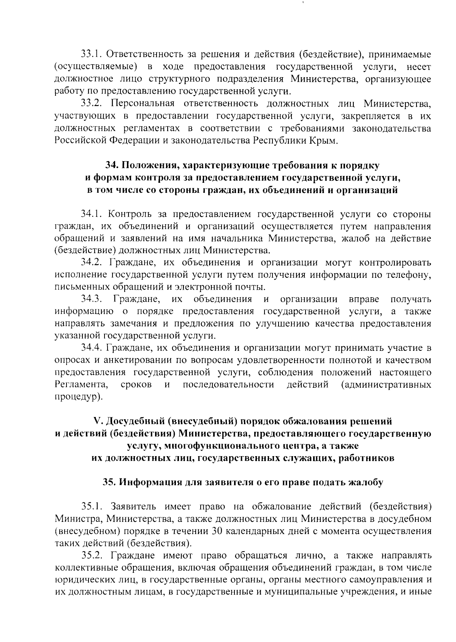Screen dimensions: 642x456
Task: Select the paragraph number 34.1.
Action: point(91,214)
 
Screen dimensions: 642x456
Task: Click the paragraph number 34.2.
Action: point(91,263)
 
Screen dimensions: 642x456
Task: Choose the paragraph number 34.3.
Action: point(91,300)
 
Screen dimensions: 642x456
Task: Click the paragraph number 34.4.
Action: point(91,348)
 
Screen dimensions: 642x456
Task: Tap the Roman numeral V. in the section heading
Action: point(98,422)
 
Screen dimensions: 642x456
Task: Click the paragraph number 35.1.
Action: point(91,507)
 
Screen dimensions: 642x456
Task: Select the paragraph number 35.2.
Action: point(91,555)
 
